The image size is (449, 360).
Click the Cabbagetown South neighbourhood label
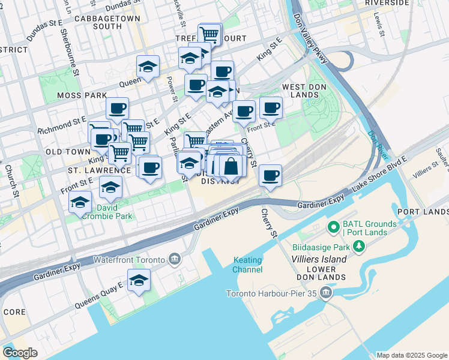108,22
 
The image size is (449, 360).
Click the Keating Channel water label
247,265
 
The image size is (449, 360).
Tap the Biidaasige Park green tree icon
359,246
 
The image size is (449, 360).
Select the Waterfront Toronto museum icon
175,259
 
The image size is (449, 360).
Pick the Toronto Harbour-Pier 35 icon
326,293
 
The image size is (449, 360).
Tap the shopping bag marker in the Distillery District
231,167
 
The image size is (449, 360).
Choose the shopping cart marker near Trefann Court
208,34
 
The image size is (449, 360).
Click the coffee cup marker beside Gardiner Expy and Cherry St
271,175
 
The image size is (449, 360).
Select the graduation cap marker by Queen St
147,67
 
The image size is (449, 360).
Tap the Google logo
20,353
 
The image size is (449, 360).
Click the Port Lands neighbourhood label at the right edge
423,212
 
